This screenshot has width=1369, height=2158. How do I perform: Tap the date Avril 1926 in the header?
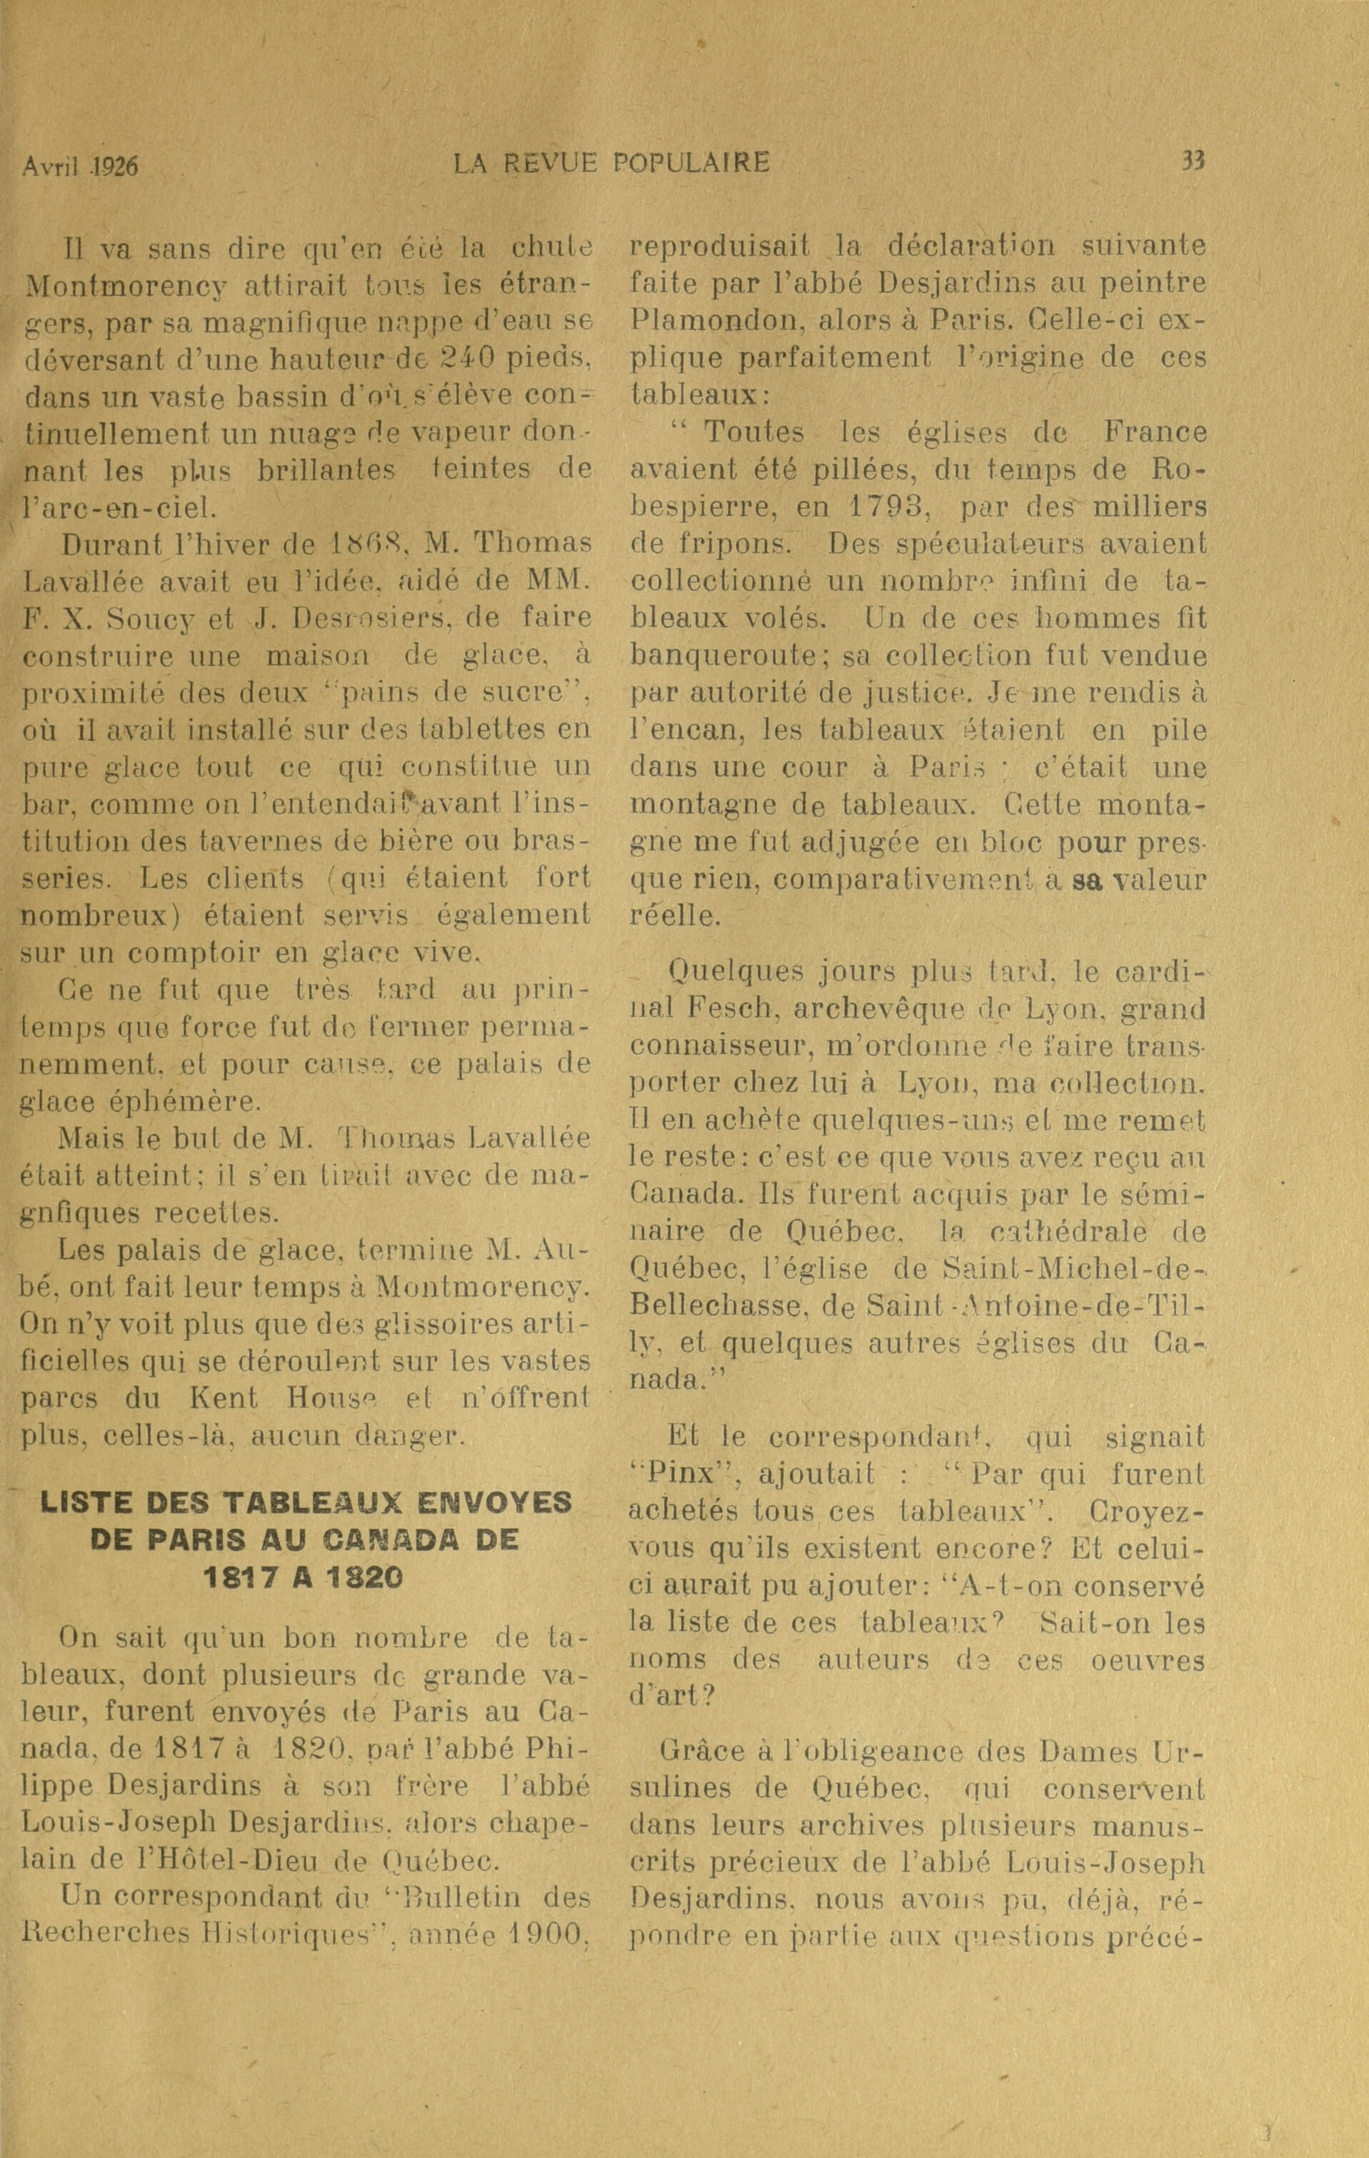click(x=81, y=166)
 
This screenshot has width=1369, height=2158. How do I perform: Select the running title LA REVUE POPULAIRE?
click(x=611, y=162)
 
